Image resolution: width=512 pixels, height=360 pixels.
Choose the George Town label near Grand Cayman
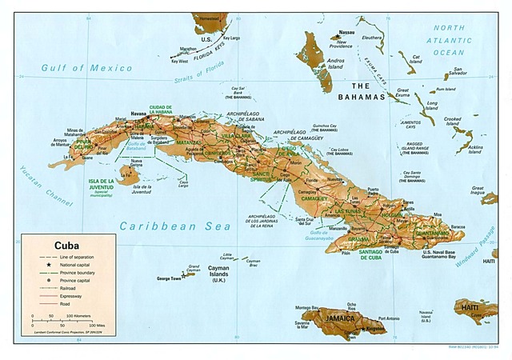coord(170,278)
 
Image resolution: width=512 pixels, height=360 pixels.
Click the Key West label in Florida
coord(179,61)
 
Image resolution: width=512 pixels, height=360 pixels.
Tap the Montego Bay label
coord(307,307)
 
